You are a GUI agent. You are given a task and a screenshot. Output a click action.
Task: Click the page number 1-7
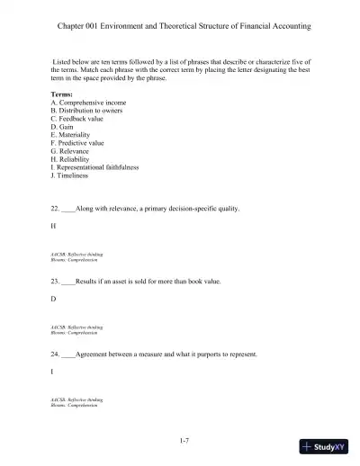[x=184, y=439]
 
